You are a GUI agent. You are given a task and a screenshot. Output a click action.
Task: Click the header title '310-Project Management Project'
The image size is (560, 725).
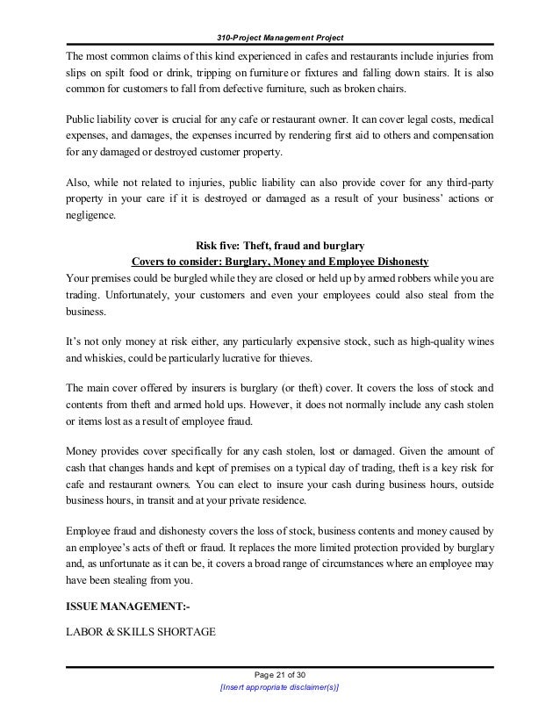coord(279,36)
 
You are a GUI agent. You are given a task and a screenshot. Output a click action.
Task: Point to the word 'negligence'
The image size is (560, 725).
coord(89,213)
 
